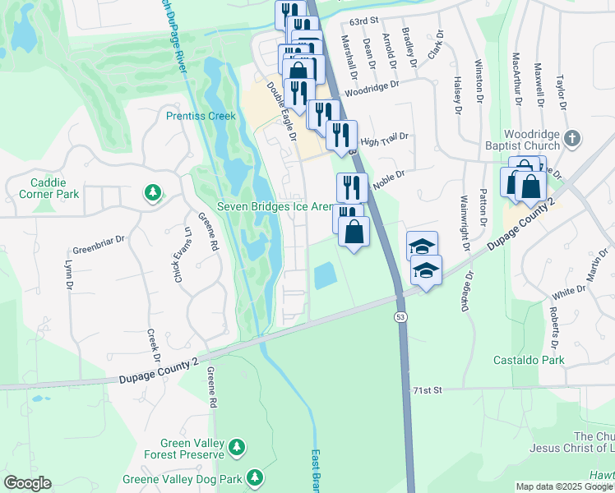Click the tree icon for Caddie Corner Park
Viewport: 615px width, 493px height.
[x=152, y=193]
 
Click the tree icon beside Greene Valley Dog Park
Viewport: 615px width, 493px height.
[x=255, y=477]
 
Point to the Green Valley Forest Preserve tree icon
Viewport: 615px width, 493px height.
[x=237, y=446]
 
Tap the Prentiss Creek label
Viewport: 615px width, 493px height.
[x=201, y=116]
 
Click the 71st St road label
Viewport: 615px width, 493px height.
[x=427, y=389]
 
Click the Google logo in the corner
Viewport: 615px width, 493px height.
[x=27, y=483]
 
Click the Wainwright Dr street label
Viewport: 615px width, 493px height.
[x=465, y=222]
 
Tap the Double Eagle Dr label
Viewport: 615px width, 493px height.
[x=280, y=111]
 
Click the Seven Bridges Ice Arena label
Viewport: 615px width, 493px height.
[x=274, y=206]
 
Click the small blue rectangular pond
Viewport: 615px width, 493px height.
[x=326, y=274]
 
